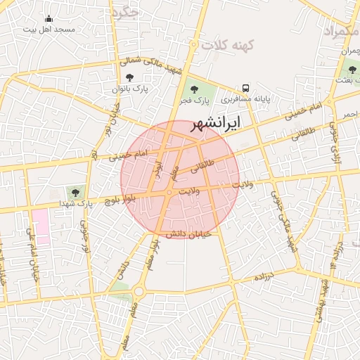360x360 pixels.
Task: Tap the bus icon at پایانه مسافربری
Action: [x=245, y=89]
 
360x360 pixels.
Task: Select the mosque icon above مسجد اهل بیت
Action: [x=49, y=19]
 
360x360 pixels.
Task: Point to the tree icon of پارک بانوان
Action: [x=129, y=77]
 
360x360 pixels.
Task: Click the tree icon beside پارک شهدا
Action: [x=74, y=191]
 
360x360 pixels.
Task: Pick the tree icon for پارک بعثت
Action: [x=352, y=70]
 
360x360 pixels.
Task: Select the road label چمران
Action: [x=349, y=51]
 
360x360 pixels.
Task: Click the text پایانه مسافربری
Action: [x=262, y=101]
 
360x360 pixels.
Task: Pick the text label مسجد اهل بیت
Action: [x=49, y=30]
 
